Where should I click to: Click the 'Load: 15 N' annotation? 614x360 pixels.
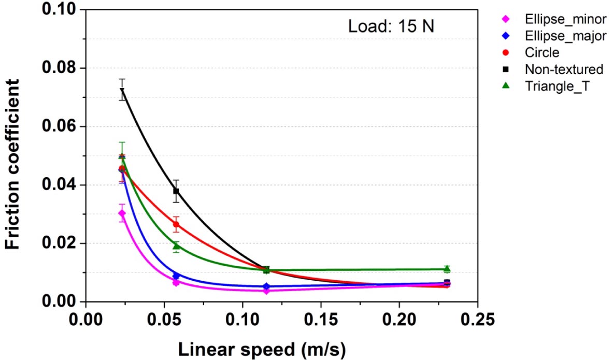(391, 25)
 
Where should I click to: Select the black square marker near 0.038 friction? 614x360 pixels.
(176, 191)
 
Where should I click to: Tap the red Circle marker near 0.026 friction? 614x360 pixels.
(176, 224)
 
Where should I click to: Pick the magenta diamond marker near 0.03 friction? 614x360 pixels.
(122, 213)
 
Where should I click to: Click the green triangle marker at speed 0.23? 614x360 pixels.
(447, 269)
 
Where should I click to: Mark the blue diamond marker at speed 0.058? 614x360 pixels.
(176, 276)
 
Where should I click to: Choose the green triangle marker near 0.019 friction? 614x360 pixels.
(176, 246)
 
